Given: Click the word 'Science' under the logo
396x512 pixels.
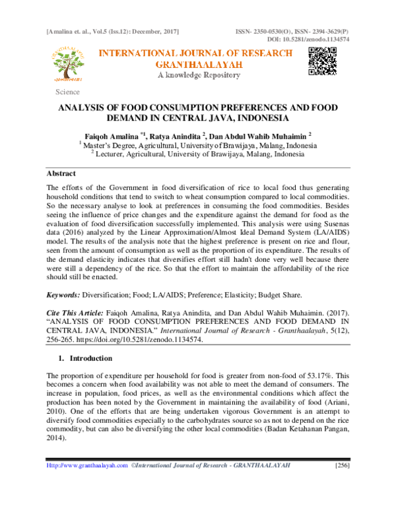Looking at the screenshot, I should click(x=67, y=92).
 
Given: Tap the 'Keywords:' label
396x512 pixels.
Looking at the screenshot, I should click(x=63, y=297).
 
